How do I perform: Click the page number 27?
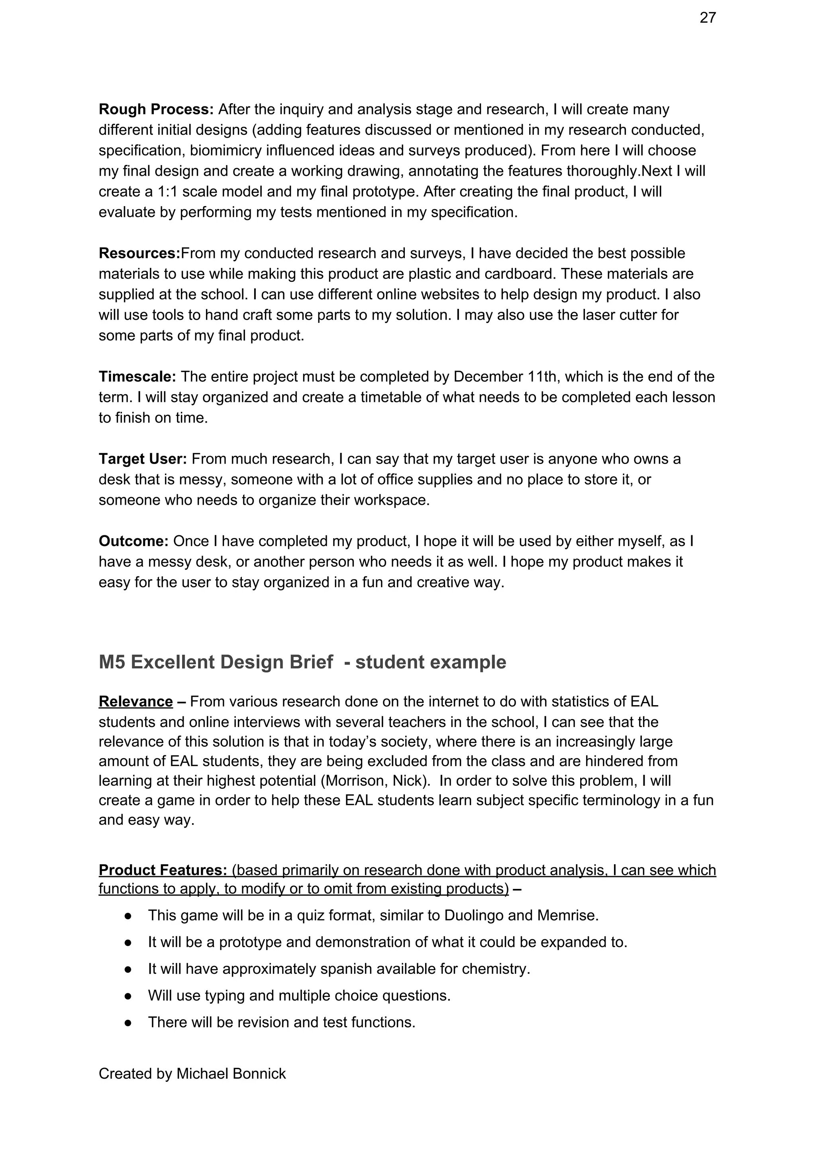pos(707,18)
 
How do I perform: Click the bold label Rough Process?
pos(156,109)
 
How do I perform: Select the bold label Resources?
pos(139,253)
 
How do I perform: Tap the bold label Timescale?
pos(137,377)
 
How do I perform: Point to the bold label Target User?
pos(143,459)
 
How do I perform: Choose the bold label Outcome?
pos(133,541)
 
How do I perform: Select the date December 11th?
pos(501,377)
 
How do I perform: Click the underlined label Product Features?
pos(163,870)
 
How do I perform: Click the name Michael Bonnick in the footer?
pos(231,1074)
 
